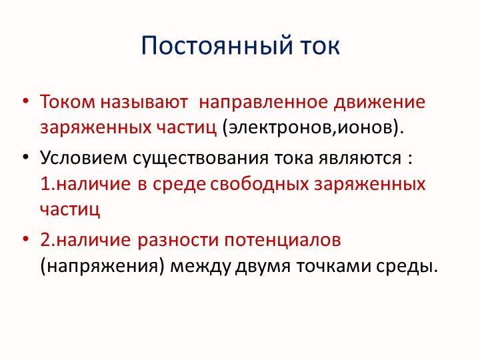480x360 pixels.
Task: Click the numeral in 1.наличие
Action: click(x=45, y=183)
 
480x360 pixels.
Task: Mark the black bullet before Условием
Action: click(x=25, y=159)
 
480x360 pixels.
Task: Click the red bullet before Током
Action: click(x=25, y=103)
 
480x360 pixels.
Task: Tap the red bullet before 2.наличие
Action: click(x=25, y=239)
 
